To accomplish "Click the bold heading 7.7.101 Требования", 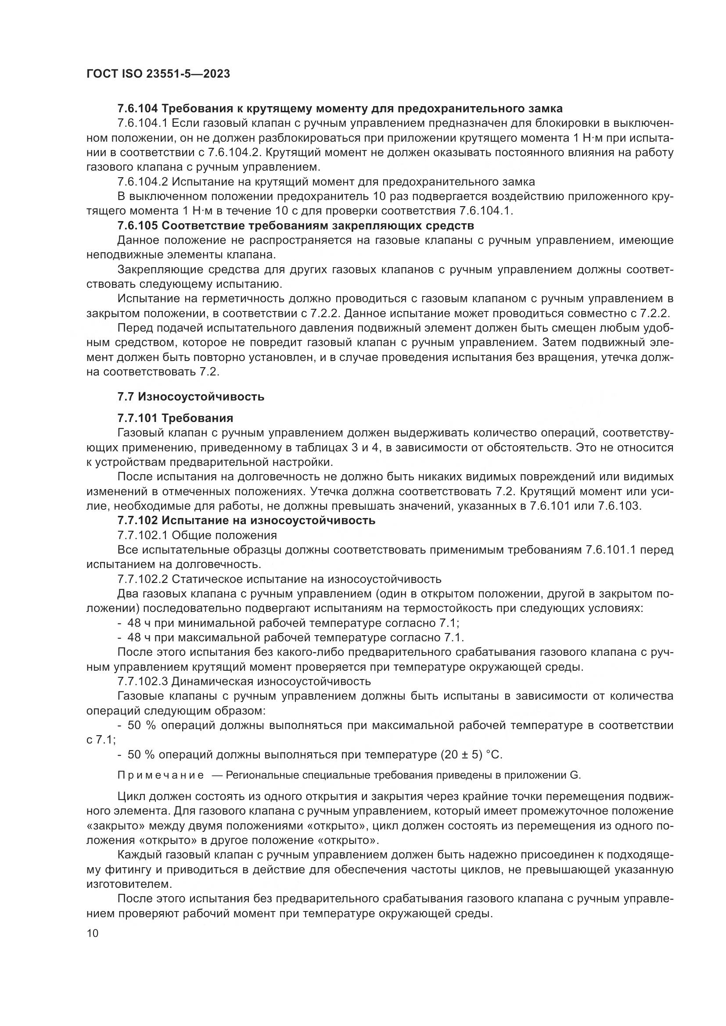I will (175, 418).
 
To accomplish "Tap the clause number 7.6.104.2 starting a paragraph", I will (143, 182).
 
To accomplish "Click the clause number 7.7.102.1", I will (143, 535).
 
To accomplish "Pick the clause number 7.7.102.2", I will (143, 579).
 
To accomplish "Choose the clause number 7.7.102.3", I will (143, 681).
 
